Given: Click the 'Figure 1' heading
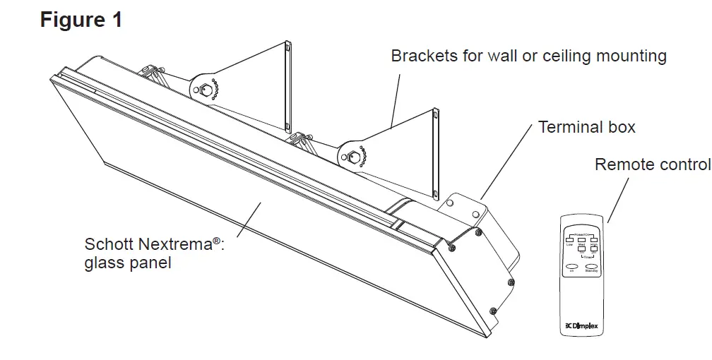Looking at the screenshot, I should [x=81, y=20].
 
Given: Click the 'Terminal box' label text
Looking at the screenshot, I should [x=586, y=127].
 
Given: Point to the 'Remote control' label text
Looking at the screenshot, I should [x=652, y=164].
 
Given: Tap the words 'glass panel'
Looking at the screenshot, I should [x=128, y=263].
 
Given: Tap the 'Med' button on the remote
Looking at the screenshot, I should [x=581, y=241].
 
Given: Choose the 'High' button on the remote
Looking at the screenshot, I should [x=593, y=241].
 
